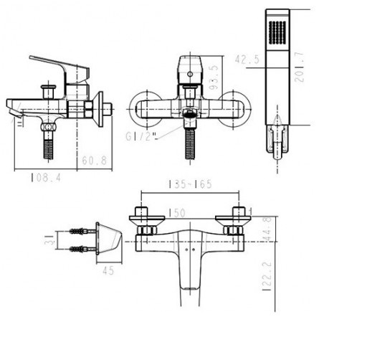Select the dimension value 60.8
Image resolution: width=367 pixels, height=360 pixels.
point(95,161)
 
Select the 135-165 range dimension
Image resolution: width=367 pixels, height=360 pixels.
point(190,184)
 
